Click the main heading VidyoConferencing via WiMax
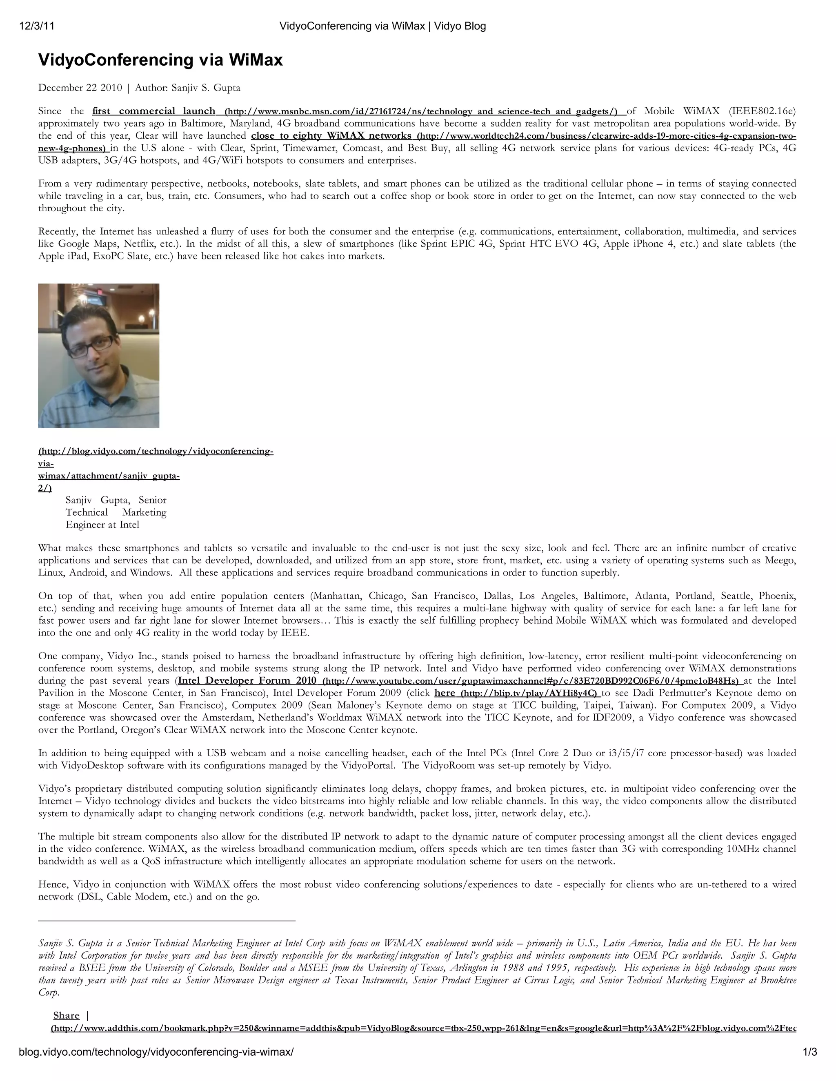coord(160,60)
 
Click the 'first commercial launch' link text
coord(153,111)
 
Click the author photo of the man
coord(98,355)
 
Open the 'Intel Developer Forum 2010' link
coord(247,680)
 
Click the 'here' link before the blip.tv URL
coord(444,693)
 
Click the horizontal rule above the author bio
coord(167,920)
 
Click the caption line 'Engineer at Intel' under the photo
coord(102,525)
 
